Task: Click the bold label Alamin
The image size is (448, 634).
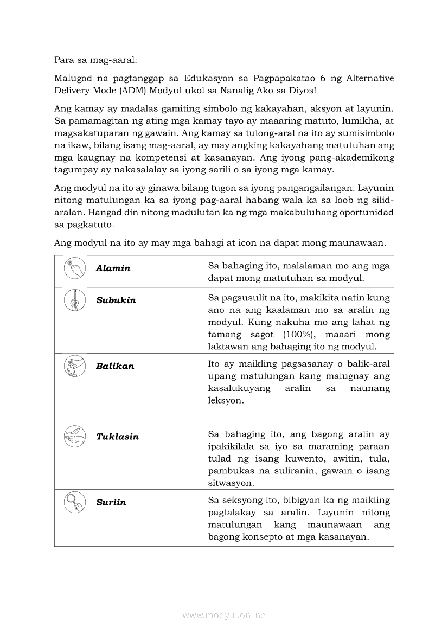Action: [x=113, y=268]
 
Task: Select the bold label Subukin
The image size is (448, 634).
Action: [x=116, y=300]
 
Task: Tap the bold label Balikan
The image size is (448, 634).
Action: [x=115, y=366]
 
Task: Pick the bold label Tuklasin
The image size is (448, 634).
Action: [x=117, y=437]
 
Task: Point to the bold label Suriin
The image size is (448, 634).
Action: [x=111, y=502]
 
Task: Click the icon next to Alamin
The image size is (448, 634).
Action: [x=74, y=268]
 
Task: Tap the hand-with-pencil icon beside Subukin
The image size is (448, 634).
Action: [x=74, y=300]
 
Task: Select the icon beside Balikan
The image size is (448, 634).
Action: [x=74, y=366]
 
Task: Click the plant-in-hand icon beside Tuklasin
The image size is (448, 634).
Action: [x=74, y=436]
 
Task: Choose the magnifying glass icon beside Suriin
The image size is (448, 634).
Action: [x=74, y=502]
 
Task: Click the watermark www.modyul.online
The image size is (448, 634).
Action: [x=224, y=615]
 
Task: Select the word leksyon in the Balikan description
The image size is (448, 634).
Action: [x=226, y=401]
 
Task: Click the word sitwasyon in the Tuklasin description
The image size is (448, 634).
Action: [x=232, y=483]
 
